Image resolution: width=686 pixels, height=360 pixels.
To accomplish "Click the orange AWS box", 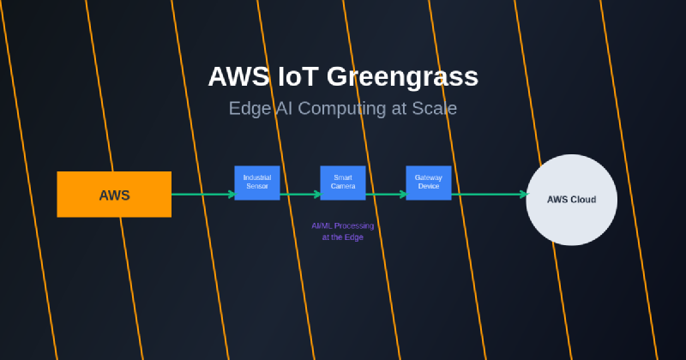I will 114,195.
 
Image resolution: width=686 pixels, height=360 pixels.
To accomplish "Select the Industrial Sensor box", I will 257,183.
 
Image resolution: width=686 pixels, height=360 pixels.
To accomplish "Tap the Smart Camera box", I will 343,183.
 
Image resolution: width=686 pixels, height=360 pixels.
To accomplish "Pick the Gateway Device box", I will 429,183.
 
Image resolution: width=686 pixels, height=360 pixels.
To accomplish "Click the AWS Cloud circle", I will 571,200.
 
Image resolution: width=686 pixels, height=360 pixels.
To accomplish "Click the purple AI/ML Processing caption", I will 343,231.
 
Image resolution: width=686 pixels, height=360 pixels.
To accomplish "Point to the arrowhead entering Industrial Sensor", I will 232,195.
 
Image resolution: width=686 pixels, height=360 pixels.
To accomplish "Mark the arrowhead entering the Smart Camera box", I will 317,195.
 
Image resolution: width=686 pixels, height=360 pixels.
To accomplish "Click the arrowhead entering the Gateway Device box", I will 402,195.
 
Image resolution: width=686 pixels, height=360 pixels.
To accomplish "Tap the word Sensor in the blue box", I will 257,186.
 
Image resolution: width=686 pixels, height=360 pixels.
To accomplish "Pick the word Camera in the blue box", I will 343,186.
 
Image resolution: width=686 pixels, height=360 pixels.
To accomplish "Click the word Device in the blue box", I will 429,186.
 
